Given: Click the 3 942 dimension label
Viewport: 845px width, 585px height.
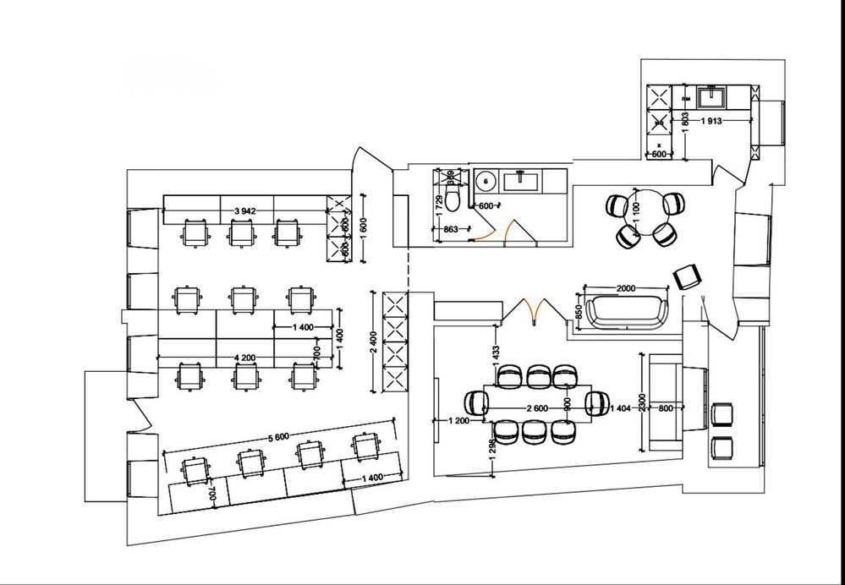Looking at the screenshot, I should (x=245, y=210).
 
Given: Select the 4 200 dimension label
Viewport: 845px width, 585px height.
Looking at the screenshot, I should (x=246, y=358).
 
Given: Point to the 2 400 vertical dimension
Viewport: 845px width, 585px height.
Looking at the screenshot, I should (x=374, y=342).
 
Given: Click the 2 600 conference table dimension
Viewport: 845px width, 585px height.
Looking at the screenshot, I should (x=536, y=408).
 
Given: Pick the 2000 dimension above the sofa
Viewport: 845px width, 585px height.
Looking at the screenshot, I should (x=625, y=288).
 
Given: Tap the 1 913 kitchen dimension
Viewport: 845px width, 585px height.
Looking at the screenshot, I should (x=711, y=121).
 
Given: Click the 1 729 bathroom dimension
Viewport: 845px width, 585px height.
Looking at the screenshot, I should (x=439, y=203).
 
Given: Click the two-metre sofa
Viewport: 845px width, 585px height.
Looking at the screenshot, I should (x=625, y=311).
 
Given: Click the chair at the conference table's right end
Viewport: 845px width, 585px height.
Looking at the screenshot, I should (x=597, y=405).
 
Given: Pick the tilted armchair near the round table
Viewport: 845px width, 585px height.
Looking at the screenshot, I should (x=688, y=276).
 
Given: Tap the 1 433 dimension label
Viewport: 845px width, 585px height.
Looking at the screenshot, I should (x=497, y=350).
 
